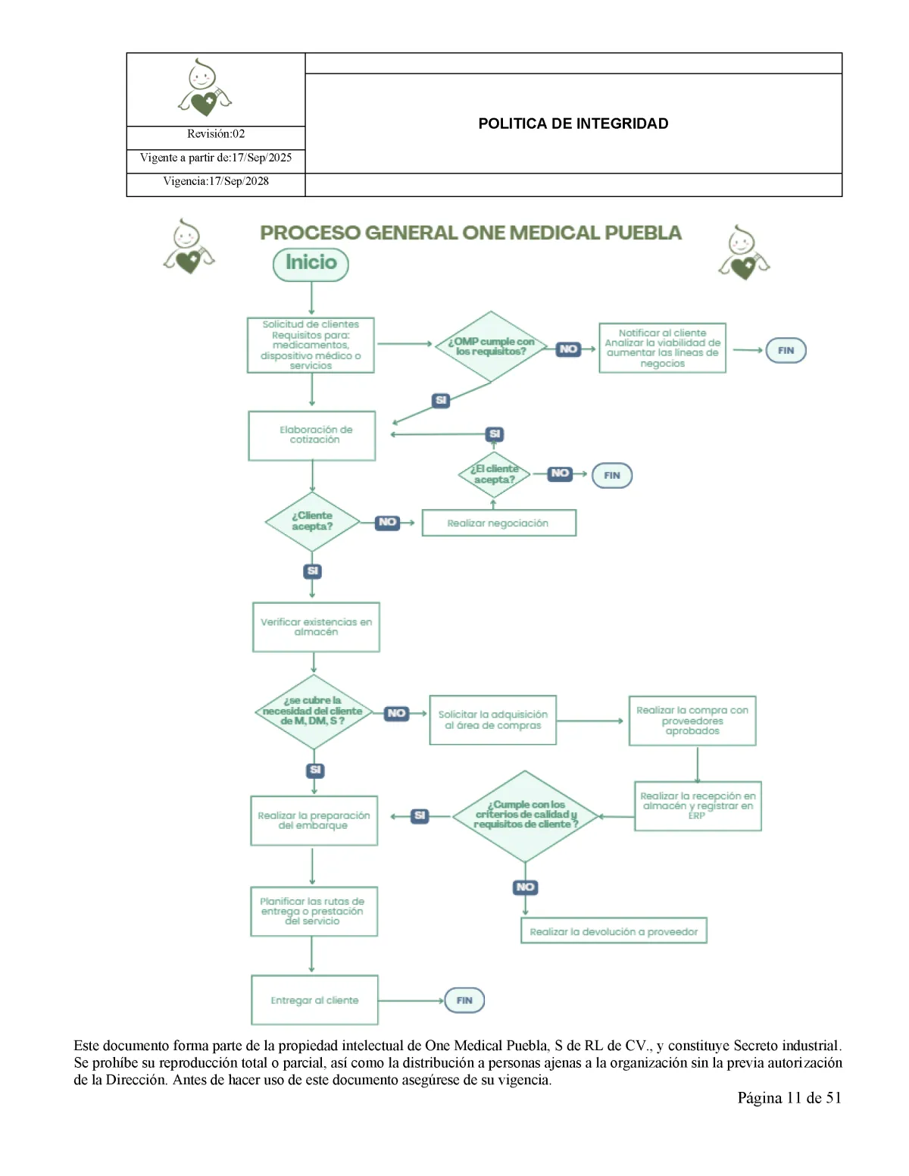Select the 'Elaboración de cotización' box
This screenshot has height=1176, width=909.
312,436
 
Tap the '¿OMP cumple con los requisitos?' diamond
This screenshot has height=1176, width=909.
491,346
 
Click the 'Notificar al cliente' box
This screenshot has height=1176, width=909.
662,348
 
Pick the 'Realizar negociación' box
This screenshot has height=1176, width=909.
498,523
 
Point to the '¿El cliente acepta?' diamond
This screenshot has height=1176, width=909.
494,474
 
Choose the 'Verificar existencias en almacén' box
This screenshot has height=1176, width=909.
316,627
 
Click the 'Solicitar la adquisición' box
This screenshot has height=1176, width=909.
492,720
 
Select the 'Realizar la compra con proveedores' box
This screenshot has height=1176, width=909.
692,721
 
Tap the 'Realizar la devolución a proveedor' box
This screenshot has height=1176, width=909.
614,931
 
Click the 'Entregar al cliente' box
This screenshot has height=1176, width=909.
314,1000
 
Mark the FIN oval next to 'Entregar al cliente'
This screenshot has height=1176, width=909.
464,1000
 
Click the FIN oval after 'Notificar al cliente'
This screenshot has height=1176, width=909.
786,350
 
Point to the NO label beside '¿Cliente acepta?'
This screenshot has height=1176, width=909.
387,522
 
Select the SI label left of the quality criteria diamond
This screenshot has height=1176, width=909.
420,815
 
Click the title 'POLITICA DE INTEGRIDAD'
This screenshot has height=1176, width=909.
573,124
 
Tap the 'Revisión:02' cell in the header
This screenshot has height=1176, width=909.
216,134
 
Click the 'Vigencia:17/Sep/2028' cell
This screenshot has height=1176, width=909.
216,181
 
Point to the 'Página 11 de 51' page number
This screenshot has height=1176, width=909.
789,1098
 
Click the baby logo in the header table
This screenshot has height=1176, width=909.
204,89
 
